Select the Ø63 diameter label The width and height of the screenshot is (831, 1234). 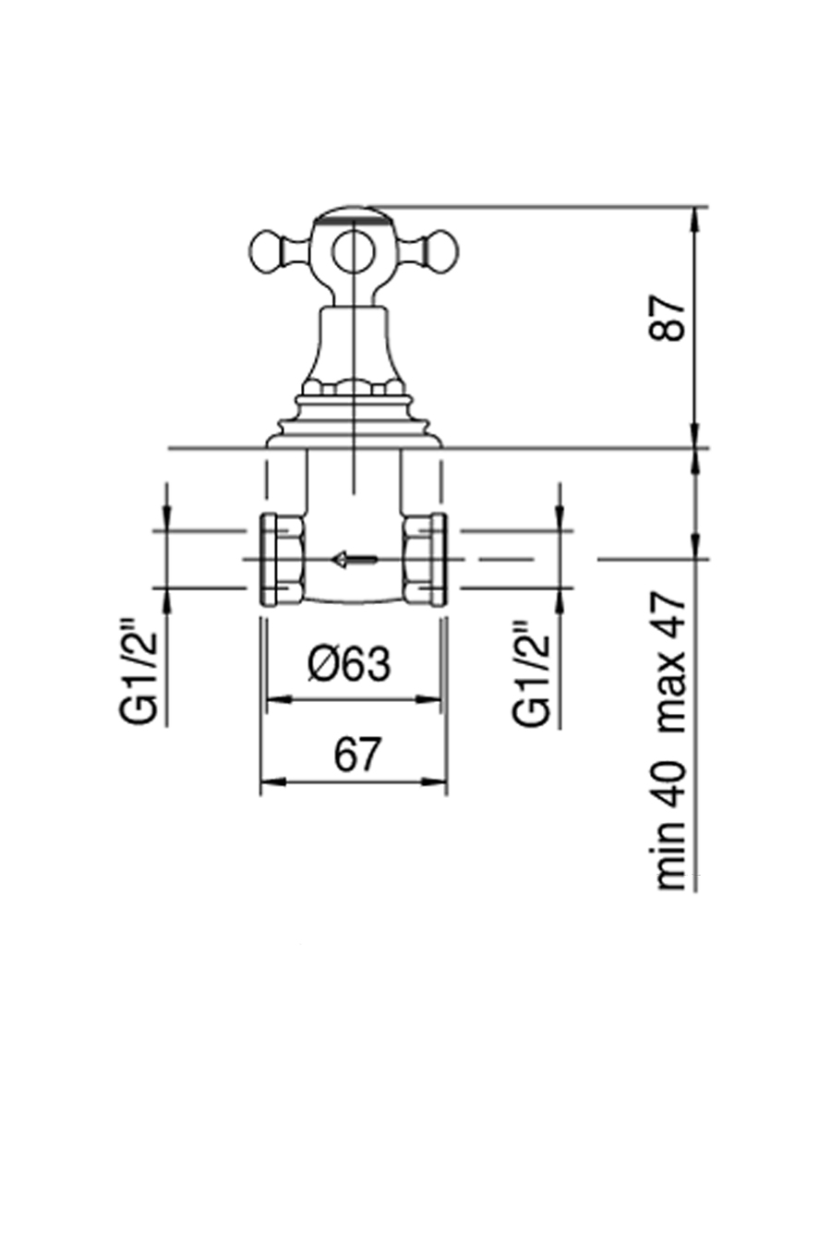click(350, 664)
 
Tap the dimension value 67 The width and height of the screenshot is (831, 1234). click(356, 756)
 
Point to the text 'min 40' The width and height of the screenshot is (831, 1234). click(671, 825)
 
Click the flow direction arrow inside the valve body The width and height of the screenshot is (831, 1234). click(354, 558)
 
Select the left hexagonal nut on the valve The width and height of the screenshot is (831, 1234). click(283, 558)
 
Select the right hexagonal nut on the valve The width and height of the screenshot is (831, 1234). click(425, 558)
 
